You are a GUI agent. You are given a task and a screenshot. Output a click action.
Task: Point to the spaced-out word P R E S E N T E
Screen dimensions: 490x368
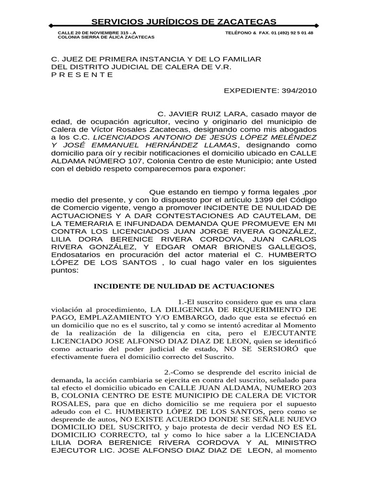pyautogui.click(x=82, y=75)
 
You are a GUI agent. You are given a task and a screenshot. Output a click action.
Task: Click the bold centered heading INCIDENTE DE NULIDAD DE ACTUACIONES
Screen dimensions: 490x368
pyautogui.click(x=184, y=286)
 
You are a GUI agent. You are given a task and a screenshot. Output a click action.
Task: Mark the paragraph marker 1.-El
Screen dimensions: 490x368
pyautogui.click(x=191, y=302)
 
